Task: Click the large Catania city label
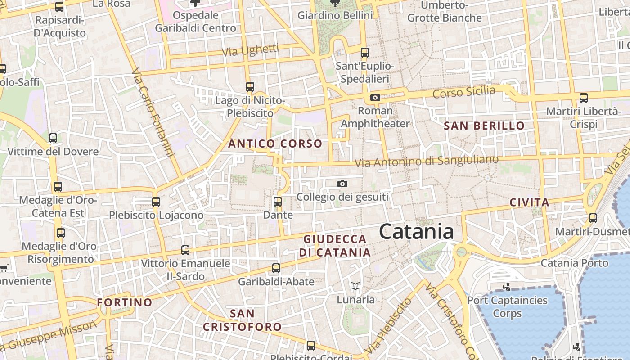416,232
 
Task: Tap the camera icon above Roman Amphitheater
375,97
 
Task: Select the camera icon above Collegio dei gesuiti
342,184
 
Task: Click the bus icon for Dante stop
278,202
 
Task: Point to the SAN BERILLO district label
484,126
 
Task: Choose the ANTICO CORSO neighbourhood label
275,144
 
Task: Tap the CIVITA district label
529,202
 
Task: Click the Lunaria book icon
355,286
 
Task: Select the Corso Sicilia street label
463,92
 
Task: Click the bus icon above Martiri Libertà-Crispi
584,98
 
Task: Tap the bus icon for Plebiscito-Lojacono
156,202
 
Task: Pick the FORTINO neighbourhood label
125,302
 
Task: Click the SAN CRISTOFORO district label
242,320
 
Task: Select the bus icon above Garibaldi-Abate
276,268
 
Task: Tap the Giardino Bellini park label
335,15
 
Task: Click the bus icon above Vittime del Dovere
53,138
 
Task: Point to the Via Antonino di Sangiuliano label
426,161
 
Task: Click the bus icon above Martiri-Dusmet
593,218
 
